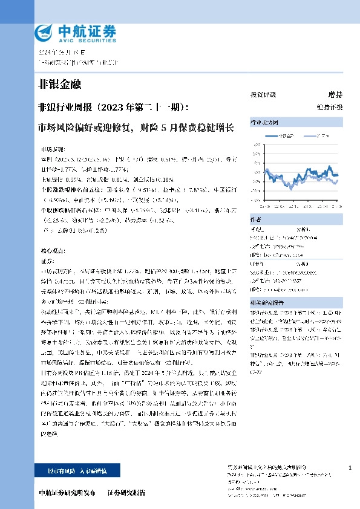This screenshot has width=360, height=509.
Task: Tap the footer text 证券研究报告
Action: tap(126, 493)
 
